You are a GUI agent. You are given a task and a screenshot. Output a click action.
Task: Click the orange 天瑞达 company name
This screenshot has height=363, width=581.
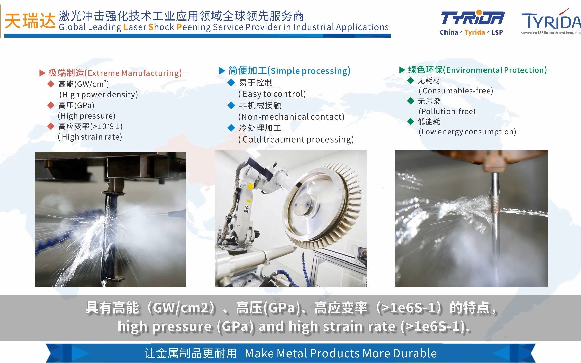click(30, 21)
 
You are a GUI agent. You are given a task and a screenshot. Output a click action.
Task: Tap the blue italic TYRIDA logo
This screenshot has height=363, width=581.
click(472, 18)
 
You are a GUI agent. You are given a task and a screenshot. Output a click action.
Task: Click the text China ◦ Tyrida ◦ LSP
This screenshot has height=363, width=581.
click(471, 32)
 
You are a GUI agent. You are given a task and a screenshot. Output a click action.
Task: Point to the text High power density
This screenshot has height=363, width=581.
click(99, 95)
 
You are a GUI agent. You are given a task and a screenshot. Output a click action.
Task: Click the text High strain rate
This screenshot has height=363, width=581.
click(90, 137)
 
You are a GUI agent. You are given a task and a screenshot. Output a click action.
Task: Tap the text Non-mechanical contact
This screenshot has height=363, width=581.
click(292, 117)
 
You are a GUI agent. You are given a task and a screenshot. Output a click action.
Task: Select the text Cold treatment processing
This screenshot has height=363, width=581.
click(296, 139)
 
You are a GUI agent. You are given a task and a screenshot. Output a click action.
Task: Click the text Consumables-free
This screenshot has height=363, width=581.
click(456, 91)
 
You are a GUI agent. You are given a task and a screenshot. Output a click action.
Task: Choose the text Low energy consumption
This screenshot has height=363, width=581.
click(467, 132)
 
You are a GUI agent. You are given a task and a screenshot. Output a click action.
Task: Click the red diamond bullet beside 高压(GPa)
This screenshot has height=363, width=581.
click(51, 105)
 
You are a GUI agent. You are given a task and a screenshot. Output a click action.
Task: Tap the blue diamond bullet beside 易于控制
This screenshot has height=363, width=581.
click(231, 82)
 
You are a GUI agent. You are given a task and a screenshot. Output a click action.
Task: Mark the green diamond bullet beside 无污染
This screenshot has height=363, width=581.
click(411, 101)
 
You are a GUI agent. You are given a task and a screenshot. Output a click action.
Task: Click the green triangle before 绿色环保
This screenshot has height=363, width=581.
click(402, 70)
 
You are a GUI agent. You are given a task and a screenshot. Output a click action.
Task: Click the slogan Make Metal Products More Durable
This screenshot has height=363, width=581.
click(341, 353)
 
